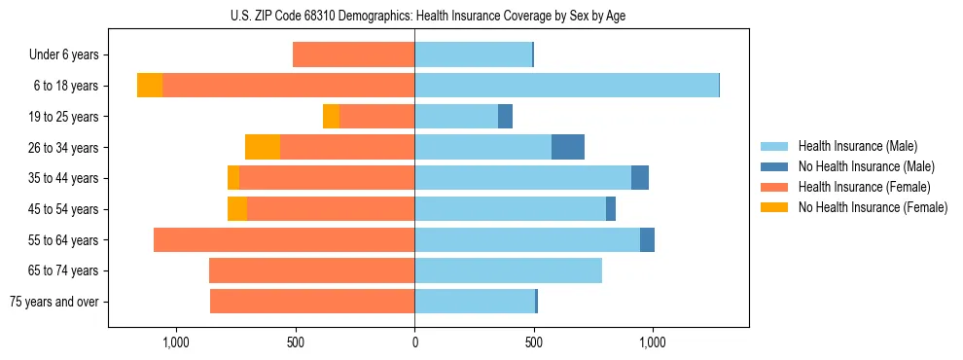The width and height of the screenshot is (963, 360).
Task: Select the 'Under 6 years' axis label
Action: (63, 55)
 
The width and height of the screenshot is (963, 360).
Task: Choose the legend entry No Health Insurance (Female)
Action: (873, 207)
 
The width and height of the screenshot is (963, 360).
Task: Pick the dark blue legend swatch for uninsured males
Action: (774, 166)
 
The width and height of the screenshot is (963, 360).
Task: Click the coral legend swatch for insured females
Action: (774, 187)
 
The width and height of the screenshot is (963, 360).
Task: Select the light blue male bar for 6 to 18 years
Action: (566, 86)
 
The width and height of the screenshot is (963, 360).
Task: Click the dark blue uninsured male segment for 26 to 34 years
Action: (568, 148)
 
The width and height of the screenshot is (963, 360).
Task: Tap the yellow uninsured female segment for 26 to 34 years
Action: (263, 148)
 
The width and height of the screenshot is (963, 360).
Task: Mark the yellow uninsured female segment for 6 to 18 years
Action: (150, 86)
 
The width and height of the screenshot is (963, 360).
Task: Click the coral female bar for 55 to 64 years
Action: (284, 240)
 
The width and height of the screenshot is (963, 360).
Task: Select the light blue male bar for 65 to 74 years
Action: (508, 270)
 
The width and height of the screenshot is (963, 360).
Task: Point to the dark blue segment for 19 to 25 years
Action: (505, 117)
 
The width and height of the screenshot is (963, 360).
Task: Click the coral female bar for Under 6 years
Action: (354, 55)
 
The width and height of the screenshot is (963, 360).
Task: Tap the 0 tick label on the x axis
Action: (414, 342)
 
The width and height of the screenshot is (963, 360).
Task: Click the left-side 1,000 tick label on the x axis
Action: (176, 342)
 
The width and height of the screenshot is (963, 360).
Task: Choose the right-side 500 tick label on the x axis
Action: (533, 342)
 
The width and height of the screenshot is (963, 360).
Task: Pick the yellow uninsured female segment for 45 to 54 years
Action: (237, 209)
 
